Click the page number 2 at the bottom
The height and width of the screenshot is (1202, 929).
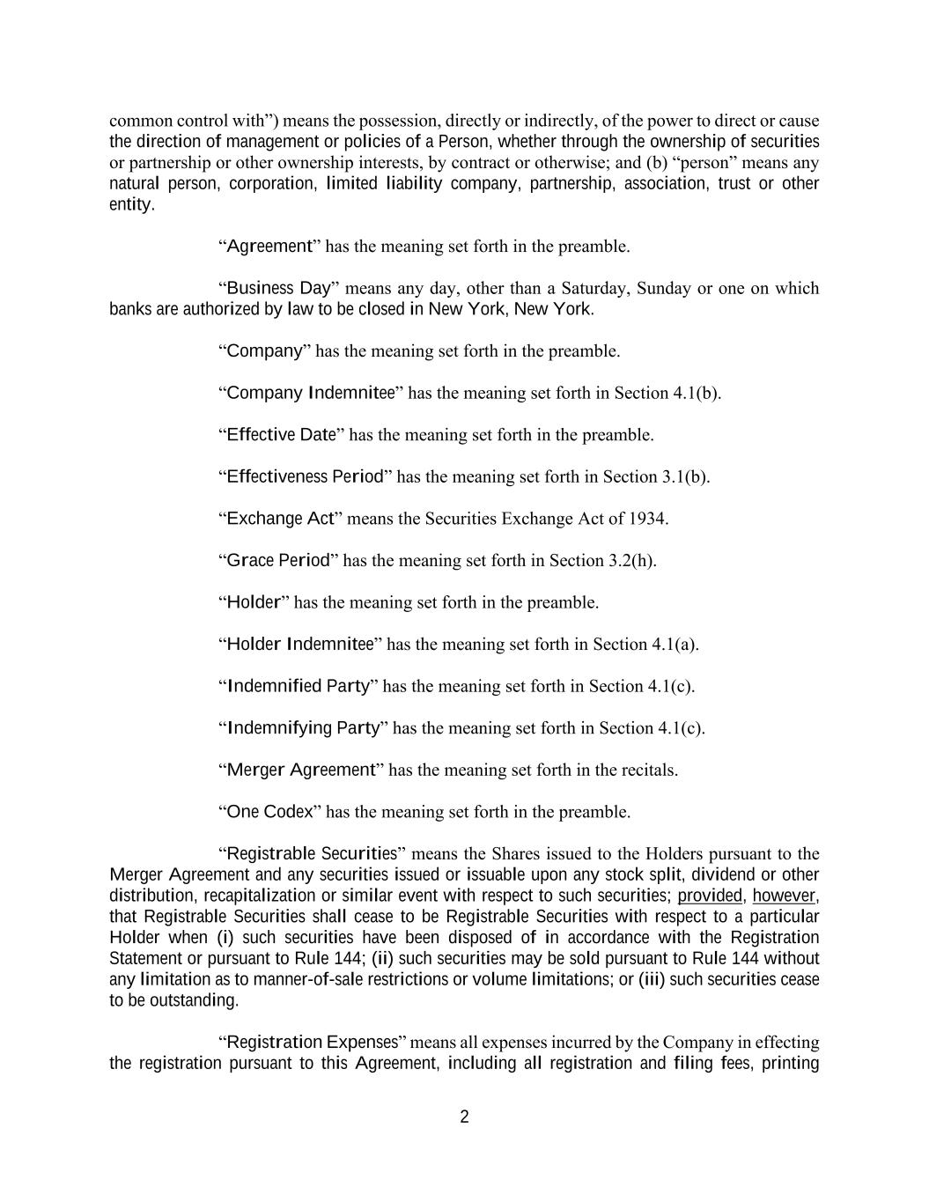tap(464, 1117)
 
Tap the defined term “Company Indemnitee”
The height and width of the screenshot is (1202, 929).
tap(310, 393)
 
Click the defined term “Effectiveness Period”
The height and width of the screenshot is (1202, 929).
tap(305, 476)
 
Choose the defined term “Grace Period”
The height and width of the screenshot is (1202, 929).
tap(277, 560)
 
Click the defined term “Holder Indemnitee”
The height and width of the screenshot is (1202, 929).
tap(299, 644)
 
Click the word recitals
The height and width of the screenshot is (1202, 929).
tap(649, 770)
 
